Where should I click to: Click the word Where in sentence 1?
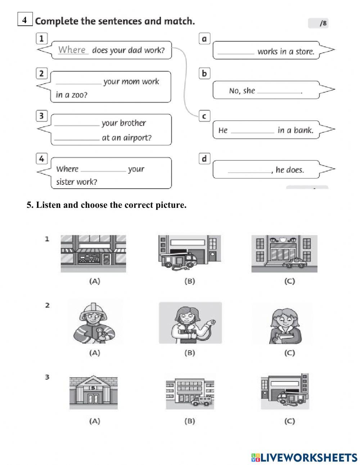[72, 50]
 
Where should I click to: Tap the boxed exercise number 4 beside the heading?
[25, 20]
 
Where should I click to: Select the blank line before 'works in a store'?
[236, 52]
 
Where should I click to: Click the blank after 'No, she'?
[279, 91]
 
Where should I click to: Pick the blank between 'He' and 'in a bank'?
[252, 130]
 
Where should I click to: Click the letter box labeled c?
[204, 116]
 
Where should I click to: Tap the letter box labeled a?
[204, 39]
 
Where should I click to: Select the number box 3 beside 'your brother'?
[42, 116]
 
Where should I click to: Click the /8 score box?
[318, 23]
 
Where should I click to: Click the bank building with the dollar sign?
[94, 393]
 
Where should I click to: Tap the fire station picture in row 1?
[190, 253]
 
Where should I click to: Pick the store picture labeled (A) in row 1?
[94, 253]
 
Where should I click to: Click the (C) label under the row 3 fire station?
[289, 421]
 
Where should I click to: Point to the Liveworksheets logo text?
[304, 457]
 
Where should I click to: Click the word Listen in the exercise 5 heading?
[48, 205]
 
